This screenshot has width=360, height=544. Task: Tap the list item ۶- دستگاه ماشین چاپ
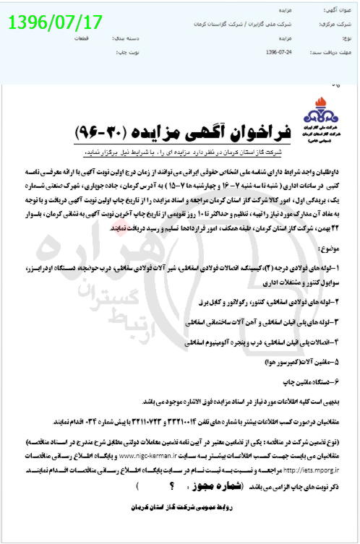(x=312, y=379)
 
